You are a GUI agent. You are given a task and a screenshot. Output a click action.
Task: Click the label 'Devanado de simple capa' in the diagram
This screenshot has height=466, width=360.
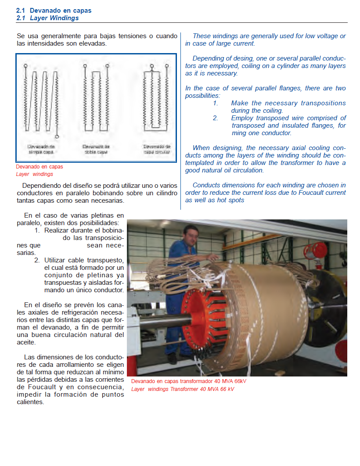[41, 149]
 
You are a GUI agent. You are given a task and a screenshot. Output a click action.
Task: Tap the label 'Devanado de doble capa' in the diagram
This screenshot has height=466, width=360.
[96, 149]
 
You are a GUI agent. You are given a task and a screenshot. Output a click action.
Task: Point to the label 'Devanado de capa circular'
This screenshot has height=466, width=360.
[157, 149]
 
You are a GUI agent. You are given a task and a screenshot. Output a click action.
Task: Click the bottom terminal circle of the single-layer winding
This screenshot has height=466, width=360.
[57, 137]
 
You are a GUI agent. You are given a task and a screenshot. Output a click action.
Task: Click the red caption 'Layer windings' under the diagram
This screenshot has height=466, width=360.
[34, 174]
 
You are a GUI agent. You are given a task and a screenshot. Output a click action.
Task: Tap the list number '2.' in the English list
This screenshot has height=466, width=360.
[216, 118]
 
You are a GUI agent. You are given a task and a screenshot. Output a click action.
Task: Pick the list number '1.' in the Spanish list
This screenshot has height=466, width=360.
[37, 230]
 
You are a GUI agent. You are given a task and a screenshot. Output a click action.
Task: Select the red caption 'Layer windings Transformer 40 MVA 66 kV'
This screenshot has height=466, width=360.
[183, 389]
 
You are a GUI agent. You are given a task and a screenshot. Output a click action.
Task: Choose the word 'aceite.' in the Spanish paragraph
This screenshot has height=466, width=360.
[26, 343]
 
